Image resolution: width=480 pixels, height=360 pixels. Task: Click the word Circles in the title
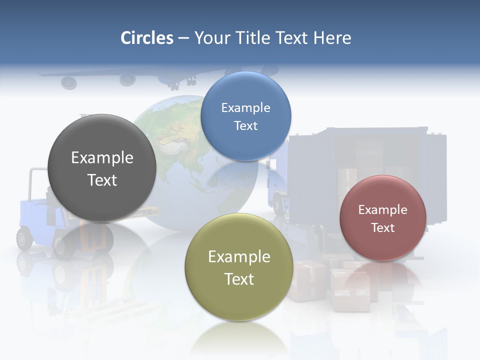[146, 37]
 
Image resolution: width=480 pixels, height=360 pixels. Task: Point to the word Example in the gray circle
[102, 157]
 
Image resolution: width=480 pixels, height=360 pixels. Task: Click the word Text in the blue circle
[245, 125]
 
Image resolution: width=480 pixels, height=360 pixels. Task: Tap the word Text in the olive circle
[239, 278]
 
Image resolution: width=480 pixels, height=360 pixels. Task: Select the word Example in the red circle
[382, 209]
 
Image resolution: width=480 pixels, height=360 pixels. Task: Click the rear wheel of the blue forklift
[24, 238]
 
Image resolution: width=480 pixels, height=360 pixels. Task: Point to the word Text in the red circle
[382, 227]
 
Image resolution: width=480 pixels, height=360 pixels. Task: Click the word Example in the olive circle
[239, 256]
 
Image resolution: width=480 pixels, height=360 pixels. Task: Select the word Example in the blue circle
[245, 107]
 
